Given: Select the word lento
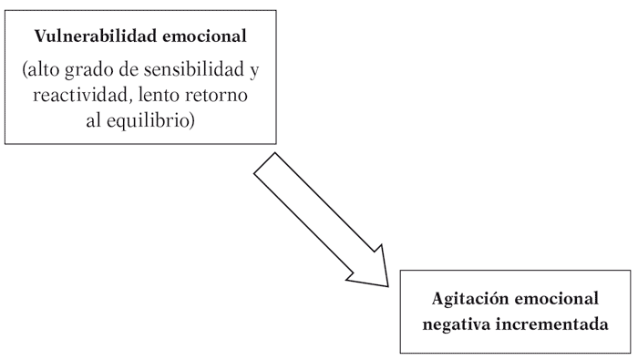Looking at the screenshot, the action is click(x=150, y=97).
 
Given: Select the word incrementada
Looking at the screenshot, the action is click(x=551, y=323).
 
